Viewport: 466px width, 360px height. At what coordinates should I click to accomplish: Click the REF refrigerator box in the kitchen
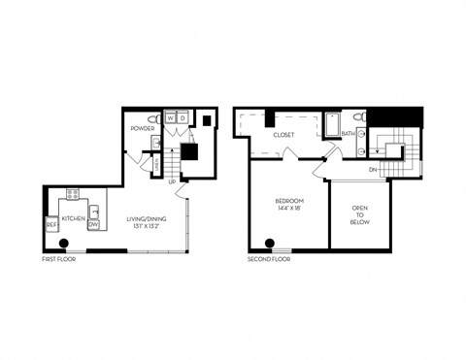[x=52, y=226]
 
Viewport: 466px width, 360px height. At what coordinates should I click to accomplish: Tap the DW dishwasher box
[x=94, y=225]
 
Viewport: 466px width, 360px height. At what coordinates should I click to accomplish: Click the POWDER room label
[x=142, y=128]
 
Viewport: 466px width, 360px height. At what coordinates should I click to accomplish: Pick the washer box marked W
[x=171, y=118]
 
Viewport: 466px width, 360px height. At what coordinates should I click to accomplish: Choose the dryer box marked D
[x=183, y=118]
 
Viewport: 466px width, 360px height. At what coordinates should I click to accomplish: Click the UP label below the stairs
[x=172, y=181]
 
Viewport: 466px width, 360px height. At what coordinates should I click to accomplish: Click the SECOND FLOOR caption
[x=268, y=260]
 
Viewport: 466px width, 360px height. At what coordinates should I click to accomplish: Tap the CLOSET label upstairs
[x=283, y=135]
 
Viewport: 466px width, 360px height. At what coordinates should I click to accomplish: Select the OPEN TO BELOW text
[x=359, y=213]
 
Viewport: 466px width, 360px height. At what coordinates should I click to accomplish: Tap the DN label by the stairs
[x=372, y=170]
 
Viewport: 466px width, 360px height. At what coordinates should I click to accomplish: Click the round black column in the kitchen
[x=63, y=244]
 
